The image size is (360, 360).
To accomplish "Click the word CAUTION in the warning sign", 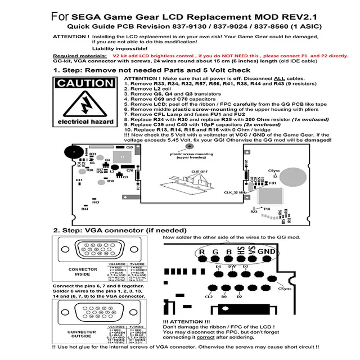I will coord(85,84).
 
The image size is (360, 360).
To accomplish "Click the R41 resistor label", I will coord(79,180).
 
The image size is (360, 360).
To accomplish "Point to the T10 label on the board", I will coord(267,208).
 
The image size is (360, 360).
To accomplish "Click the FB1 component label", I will coord(273,183).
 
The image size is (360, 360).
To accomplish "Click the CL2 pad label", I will coord(209,296).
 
